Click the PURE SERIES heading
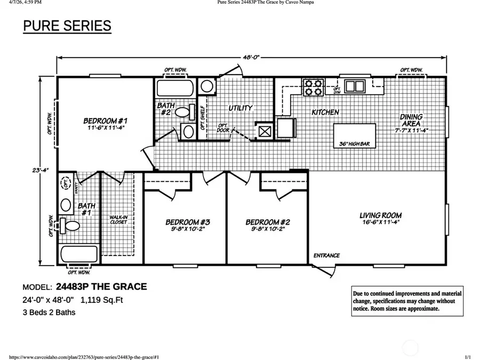click(67, 26)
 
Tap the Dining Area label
click(411, 120)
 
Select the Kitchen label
click(325, 112)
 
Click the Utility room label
click(240, 108)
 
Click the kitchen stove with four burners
click(314, 87)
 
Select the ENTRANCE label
click(326, 255)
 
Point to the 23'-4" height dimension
click(40, 170)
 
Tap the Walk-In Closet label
click(118, 220)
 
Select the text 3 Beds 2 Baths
click(49, 313)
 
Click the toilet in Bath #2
click(182, 113)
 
